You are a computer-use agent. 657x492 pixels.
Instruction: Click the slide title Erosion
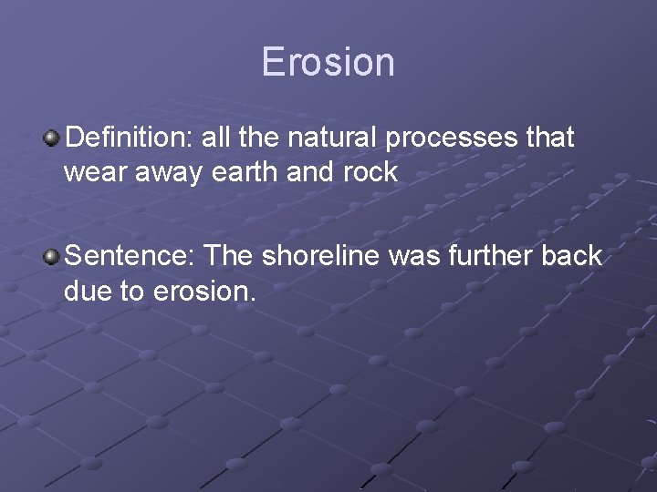328,62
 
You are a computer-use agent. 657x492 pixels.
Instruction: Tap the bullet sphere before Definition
52,138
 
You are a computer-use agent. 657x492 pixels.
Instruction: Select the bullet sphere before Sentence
52,257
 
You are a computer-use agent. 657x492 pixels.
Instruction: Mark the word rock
370,172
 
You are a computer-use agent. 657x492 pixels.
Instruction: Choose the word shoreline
321,257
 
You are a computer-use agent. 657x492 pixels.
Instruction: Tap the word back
570,257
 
